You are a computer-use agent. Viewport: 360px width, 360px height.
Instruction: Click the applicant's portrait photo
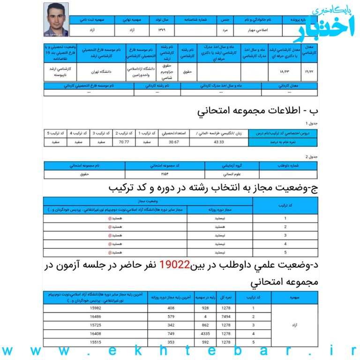[x=56, y=19]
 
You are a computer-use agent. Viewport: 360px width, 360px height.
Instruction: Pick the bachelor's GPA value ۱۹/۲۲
[x=309, y=72]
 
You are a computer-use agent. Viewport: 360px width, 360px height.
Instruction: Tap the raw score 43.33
[x=219, y=142]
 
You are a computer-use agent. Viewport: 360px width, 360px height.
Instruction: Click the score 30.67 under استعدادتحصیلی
[x=174, y=142]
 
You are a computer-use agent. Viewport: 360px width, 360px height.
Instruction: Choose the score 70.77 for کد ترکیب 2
[x=124, y=142]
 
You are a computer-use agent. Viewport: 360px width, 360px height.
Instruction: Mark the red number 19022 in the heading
[x=174, y=266]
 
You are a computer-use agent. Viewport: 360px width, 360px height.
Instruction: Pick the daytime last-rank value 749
[x=171, y=334]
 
